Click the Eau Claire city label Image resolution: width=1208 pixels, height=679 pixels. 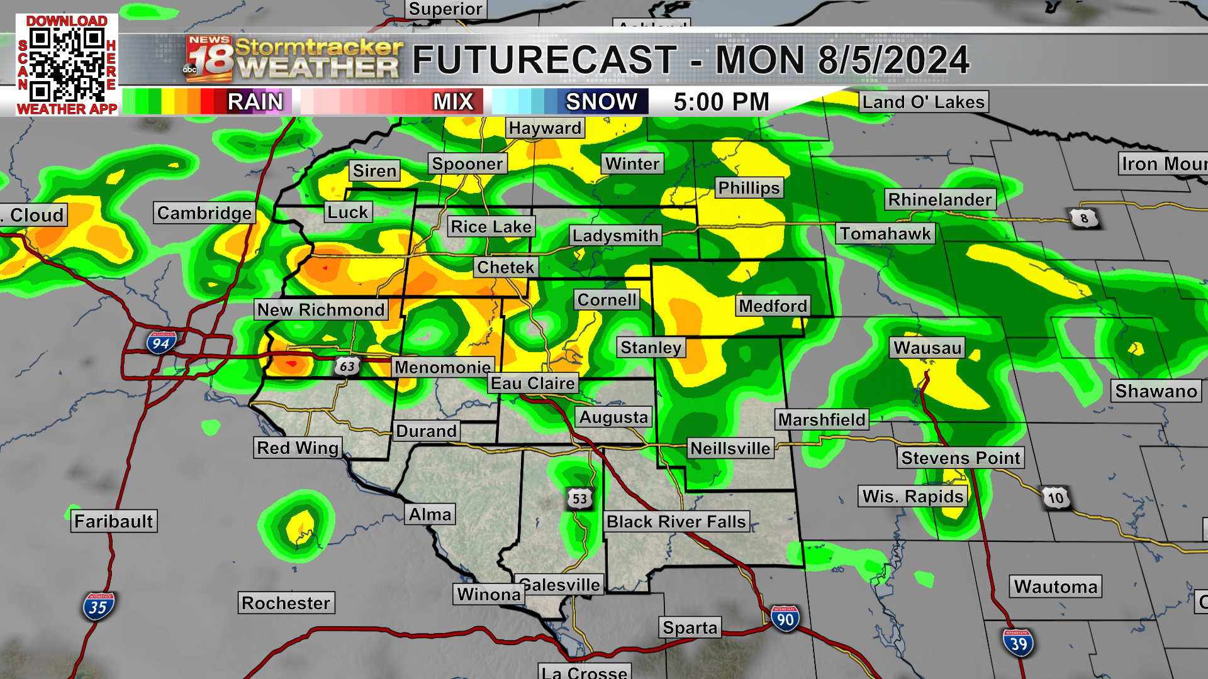pyautogui.click(x=533, y=384)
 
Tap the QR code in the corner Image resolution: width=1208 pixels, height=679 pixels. pyautogui.click(x=67, y=65)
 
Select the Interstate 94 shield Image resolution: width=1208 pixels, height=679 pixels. pyautogui.click(x=161, y=343)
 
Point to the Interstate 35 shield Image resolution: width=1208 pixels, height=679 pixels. pyautogui.click(x=98, y=607)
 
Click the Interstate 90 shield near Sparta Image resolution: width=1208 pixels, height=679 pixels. pyautogui.click(x=785, y=619)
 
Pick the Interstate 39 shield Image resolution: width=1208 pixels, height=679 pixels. pyautogui.click(x=1018, y=643)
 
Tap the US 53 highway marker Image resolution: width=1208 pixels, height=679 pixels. pyautogui.click(x=579, y=499)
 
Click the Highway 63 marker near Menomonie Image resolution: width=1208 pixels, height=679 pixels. pyautogui.click(x=347, y=366)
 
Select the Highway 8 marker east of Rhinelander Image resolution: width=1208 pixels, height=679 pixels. pyautogui.click(x=1084, y=218)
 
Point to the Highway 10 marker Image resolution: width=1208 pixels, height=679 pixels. pyautogui.click(x=1056, y=499)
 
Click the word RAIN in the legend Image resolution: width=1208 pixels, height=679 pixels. pyautogui.click(x=255, y=102)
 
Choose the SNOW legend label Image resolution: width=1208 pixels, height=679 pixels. pyautogui.click(x=601, y=102)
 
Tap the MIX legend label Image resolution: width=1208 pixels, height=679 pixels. pyautogui.click(x=453, y=102)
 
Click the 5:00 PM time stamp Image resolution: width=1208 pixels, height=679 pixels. pyautogui.click(x=722, y=102)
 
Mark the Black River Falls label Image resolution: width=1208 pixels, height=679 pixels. pyautogui.click(x=676, y=522)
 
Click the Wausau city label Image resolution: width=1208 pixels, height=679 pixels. pyautogui.click(x=927, y=348)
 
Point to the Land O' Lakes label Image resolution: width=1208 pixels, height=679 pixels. pyautogui.click(x=923, y=102)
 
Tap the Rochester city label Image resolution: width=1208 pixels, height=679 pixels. pyautogui.click(x=286, y=603)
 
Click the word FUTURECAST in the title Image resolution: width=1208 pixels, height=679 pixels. pyautogui.click(x=545, y=60)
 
